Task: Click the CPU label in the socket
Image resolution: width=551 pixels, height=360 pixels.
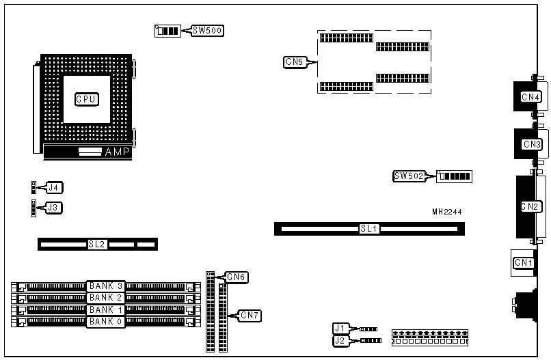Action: [x=86, y=99]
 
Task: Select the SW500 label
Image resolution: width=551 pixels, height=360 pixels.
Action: [x=206, y=31]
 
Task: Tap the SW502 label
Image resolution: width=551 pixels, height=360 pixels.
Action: [x=408, y=176]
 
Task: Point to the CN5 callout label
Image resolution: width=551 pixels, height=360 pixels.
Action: [x=295, y=62]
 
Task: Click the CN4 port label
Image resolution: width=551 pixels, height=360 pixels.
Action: [x=531, y=97]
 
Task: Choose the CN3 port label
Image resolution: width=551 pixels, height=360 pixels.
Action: [x=532, y=144]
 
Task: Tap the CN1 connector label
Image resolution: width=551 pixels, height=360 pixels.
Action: [x=524, y=263]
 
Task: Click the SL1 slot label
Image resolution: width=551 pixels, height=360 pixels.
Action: [x=369, y=229]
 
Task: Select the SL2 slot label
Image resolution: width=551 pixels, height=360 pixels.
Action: [x=96, y=244]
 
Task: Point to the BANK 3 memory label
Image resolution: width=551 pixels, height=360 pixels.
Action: [x=105, y=286]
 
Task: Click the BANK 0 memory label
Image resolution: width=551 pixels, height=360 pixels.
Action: [x=105, y=321]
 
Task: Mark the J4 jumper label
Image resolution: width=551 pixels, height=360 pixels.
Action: [x=54, y=186]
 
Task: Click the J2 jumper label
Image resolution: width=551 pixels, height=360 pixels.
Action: [x=340, y=340]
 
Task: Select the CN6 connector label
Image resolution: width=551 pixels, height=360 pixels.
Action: [x=237, y=277]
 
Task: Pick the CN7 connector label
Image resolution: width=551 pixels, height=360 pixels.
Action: [x=250, y=315]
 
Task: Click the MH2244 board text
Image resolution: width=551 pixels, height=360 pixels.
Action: [x=446, y=212]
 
